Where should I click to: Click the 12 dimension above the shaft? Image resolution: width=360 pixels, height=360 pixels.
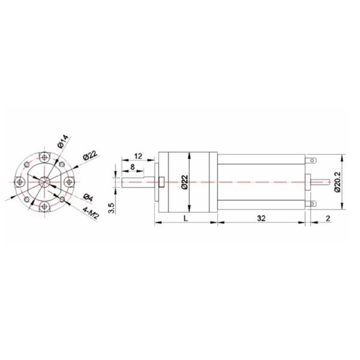pos(137,156)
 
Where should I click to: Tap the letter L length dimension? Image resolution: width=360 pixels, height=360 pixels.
pos(185,220)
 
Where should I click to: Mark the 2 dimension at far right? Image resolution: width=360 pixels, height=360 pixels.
pos(328,220)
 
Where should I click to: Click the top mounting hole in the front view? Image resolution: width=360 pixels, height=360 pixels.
pos(44,157)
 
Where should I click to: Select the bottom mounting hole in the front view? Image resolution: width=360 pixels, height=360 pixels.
pos(44,205)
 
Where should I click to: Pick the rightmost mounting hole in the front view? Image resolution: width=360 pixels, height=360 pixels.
pos(69,181)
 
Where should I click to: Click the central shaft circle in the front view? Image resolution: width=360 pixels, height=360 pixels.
pos(44,181)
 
